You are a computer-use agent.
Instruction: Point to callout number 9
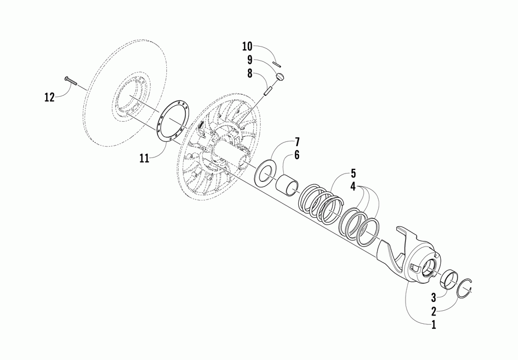pos(250,60)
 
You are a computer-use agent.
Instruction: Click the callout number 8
pos(250,74)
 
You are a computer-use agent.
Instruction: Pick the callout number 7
pos(297,141)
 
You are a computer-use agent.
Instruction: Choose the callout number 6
pos(297,154)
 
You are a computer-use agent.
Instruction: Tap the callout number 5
pos(353,172)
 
